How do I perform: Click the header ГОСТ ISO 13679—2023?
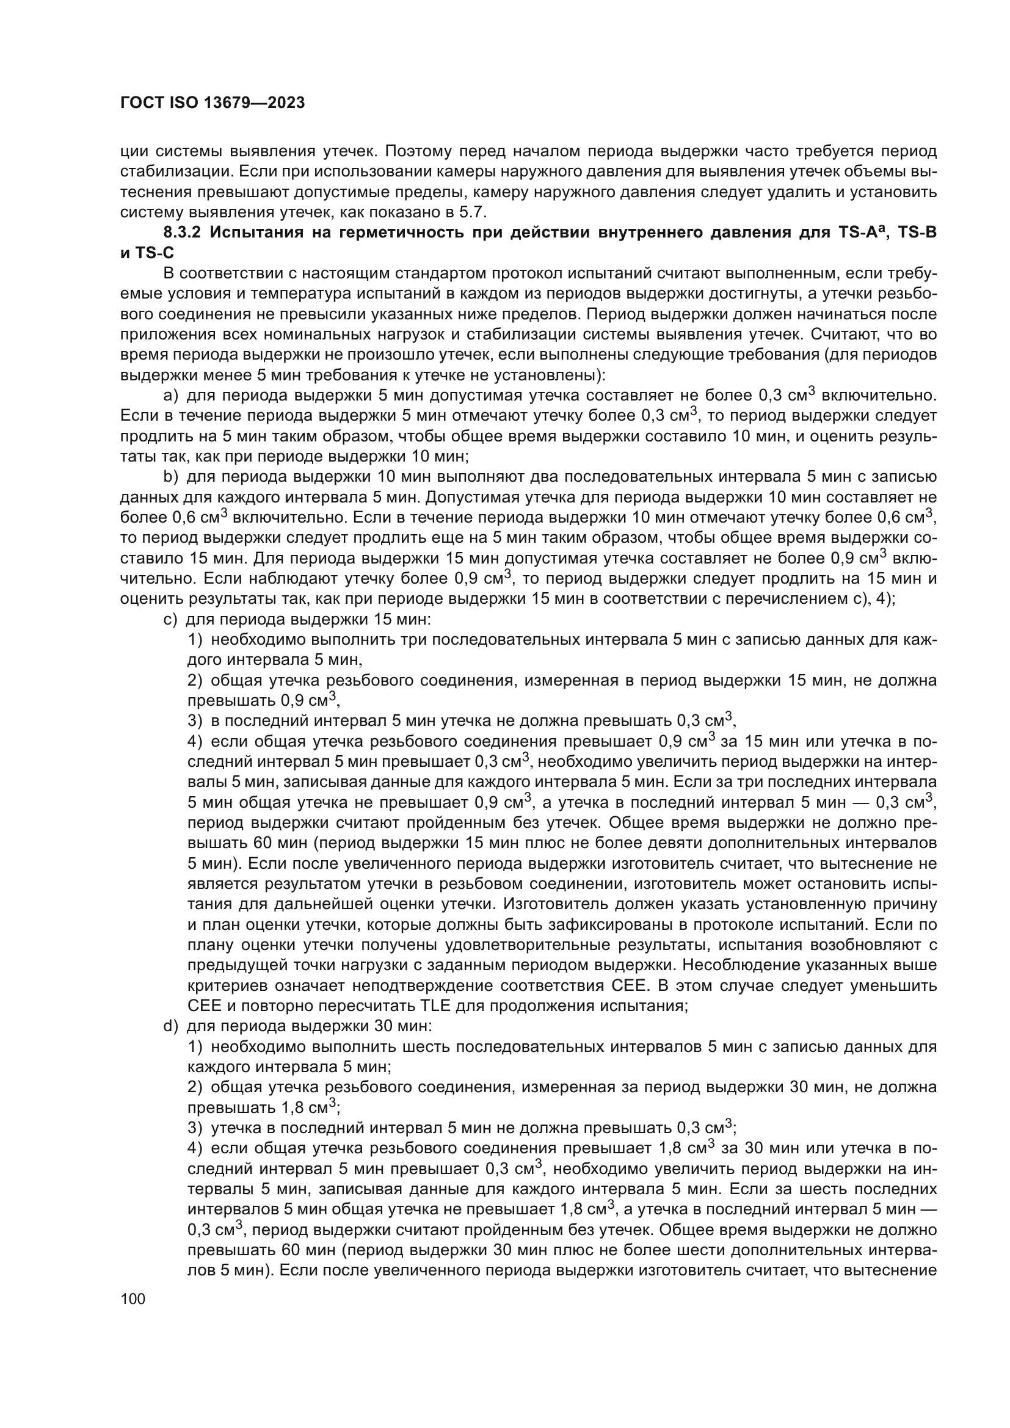click(x=212, y=103)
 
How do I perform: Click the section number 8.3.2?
click(x=183, y=233)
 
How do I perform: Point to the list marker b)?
click(x=170, y=477)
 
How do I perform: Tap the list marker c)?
click(x=170, y=620)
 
